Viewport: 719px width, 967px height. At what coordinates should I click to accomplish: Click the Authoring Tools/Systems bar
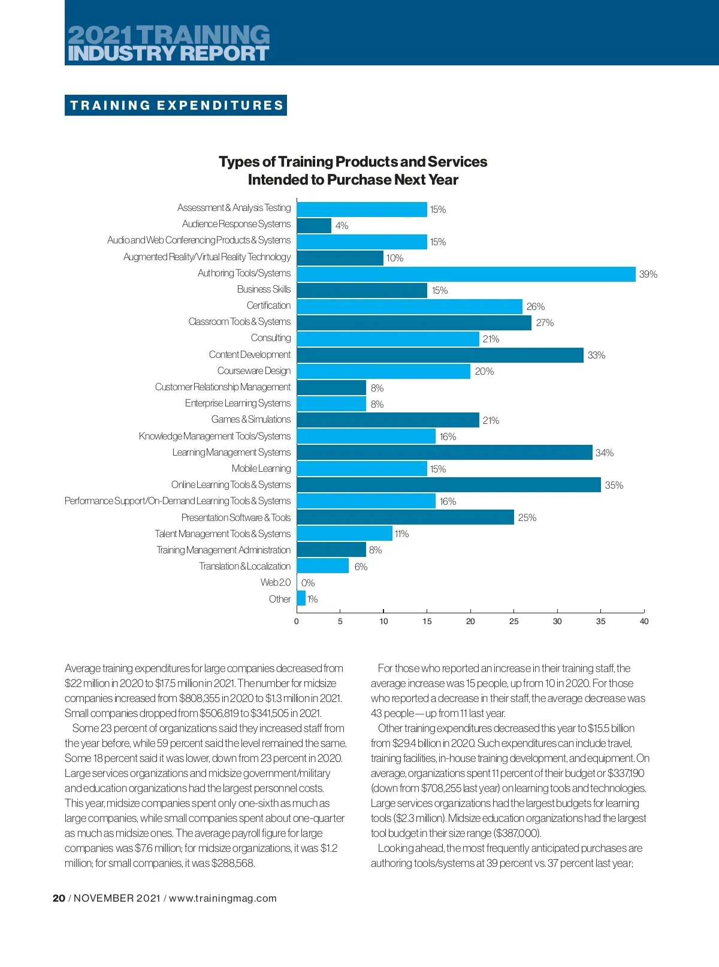466,274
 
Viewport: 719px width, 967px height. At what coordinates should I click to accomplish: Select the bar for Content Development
440,355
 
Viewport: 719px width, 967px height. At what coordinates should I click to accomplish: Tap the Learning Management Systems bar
445,453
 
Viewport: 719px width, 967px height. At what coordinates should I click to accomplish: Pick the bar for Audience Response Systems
314,225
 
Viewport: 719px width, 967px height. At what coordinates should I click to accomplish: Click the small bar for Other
301,598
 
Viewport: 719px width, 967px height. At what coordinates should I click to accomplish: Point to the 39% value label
648,274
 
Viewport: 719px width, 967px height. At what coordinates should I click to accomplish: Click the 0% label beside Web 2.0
308,583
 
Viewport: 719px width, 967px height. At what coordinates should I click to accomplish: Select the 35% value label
614,485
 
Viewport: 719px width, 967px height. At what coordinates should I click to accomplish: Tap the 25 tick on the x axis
514,621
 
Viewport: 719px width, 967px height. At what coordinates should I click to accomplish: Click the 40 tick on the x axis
644,621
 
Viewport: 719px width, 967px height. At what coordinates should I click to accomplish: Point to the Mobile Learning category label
261,468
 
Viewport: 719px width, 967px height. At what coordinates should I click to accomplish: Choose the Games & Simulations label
251,419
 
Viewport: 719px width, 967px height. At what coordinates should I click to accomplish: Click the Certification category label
268,305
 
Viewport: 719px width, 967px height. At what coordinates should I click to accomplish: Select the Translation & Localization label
244,566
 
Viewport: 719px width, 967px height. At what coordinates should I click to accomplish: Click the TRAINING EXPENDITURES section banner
176,106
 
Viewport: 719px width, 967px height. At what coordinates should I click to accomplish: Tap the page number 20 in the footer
59,898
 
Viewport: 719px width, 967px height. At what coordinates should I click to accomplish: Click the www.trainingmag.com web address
223,898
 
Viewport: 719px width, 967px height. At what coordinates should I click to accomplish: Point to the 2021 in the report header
101,35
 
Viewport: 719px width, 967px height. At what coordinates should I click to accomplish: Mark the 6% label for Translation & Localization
361,567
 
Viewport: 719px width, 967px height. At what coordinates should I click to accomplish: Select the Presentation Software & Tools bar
405,517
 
